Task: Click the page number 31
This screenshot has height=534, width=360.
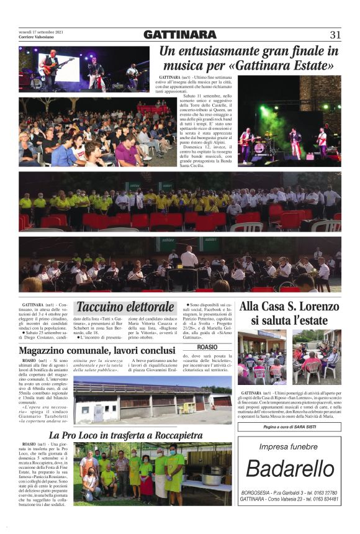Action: (335, 35)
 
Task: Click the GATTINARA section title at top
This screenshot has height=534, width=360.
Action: (179, 35)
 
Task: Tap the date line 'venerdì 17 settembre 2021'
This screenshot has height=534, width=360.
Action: (42, 32)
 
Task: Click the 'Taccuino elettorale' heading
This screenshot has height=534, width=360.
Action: (125, 307)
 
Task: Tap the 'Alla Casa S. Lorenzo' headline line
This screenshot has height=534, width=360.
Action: (289, 306)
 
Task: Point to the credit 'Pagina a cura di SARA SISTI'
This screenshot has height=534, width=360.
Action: (289, 428)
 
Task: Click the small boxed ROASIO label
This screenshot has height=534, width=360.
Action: (208, 346)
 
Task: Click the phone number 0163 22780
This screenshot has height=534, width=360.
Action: (325, 492)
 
